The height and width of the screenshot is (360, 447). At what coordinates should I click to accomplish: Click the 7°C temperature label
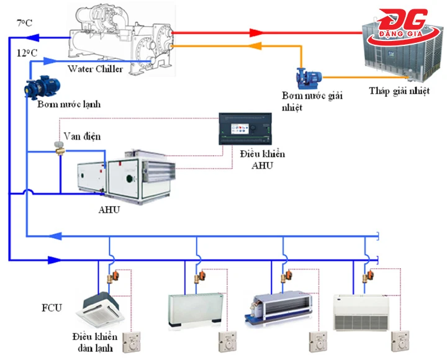pos(24,23)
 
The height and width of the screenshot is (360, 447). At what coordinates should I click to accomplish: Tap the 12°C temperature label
pos(27,53)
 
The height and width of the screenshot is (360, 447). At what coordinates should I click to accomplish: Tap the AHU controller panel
pos(245,128)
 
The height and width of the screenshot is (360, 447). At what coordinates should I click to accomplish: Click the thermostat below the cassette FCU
pos(133,342)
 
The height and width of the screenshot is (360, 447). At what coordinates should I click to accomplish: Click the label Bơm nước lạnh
pos(68,104)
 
